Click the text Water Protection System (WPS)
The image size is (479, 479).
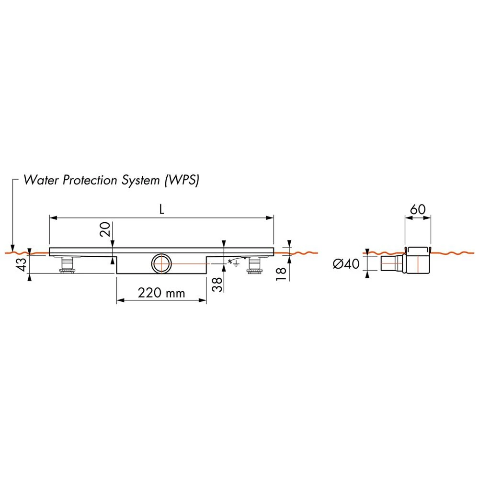click(x=111, y=181)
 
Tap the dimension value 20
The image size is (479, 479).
click(x=106, y=230)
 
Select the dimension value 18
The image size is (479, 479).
click(x=281, y=274)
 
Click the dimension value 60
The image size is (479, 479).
click(x=417, y=209)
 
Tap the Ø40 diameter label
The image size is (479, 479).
click(x=346, y=263)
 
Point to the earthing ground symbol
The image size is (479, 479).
click(x=235, y=262)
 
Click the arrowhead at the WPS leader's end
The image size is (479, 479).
click(x=13, y=246)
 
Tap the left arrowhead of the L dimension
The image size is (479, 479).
click(x=53, y=218)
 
